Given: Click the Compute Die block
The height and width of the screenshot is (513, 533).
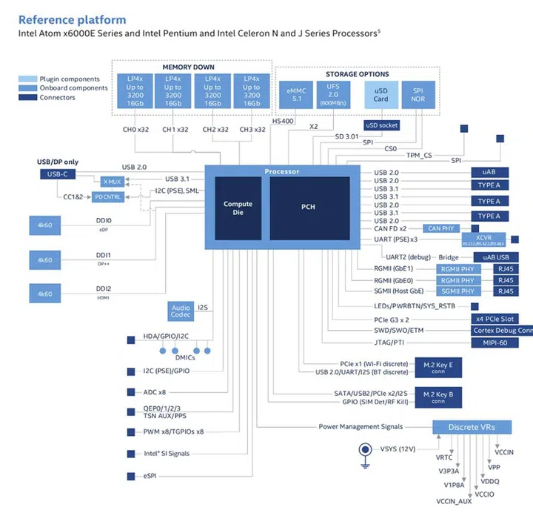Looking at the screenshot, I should tap(238, 208).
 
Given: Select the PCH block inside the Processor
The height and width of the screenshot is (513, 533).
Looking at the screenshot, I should tap(308, 207).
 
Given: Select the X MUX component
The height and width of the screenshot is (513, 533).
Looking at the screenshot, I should tap(111, 182).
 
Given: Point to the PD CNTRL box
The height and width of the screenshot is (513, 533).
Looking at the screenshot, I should tap(109, 196).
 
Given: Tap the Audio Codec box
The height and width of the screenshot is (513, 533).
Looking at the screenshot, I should tap(180, 312).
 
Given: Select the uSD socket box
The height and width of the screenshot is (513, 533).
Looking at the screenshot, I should tap(381, 125).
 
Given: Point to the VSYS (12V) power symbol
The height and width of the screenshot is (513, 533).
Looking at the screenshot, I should tap(365, 449).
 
